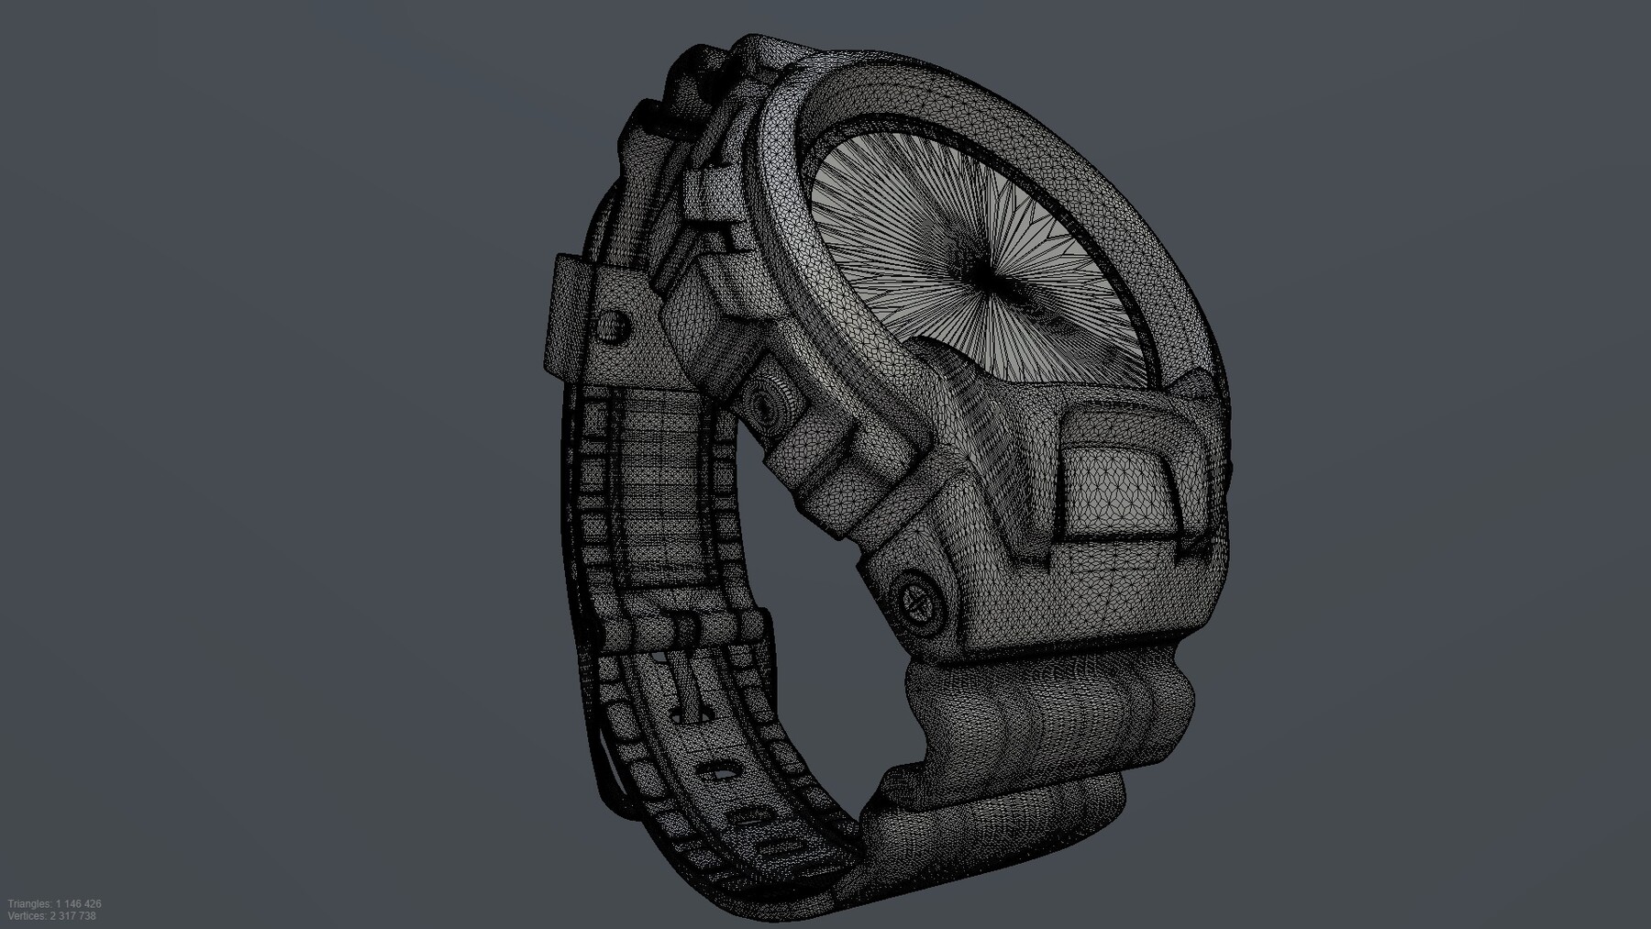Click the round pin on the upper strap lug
[611, 324]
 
